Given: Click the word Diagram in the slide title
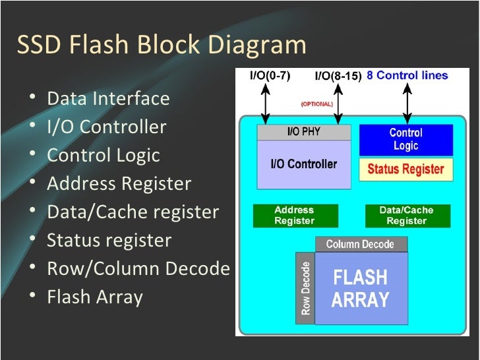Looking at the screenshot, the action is point(257,45).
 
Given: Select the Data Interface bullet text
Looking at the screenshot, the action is point(108,99).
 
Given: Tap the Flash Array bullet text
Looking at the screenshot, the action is point(95,297).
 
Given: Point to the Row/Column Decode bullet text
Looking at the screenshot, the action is point(138,268).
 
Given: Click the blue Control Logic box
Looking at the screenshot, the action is point(406,140).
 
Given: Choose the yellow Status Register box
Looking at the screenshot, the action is point(406,169).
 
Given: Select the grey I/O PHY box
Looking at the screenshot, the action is point(304,132).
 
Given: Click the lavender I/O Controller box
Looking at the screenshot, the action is point(304,164).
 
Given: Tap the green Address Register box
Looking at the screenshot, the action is point(295,216).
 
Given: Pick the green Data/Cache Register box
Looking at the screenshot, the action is point(407,216).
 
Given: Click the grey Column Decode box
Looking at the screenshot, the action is point(361,244).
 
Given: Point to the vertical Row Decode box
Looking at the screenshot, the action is point(305,288).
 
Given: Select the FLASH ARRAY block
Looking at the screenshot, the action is point(361,288).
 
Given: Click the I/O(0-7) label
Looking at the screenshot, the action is point(270,75).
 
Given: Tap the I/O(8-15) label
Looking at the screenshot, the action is point(338,76).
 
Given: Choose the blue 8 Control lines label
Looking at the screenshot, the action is point(407,75).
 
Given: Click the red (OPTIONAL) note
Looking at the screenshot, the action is point(317,104).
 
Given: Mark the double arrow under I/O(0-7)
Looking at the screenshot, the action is point(266,104).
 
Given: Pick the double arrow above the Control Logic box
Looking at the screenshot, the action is point(407,104).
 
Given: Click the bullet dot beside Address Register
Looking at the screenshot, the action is point(33,182).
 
